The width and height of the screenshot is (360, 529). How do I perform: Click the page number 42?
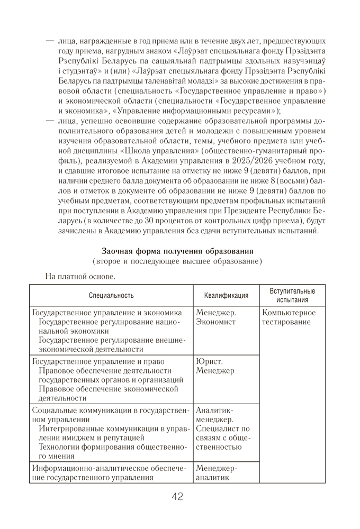[177, 497]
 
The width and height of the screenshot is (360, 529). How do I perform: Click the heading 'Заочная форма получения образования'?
[177, 251]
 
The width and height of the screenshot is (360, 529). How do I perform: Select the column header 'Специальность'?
[111, 296]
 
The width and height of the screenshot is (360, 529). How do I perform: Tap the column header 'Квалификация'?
[226, 296]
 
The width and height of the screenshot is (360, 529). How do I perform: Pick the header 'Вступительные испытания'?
[292, 296]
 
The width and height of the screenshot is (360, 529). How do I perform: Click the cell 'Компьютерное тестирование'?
[289, 317]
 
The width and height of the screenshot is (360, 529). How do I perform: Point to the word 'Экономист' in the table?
[215, 322]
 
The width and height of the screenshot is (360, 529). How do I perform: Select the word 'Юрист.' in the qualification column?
[210, 361]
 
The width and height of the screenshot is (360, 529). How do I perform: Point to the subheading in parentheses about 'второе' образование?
[177, 261]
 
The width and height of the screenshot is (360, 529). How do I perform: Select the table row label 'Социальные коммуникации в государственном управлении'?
[110, 415]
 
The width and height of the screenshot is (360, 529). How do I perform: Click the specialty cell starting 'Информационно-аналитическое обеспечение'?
[110, 473]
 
